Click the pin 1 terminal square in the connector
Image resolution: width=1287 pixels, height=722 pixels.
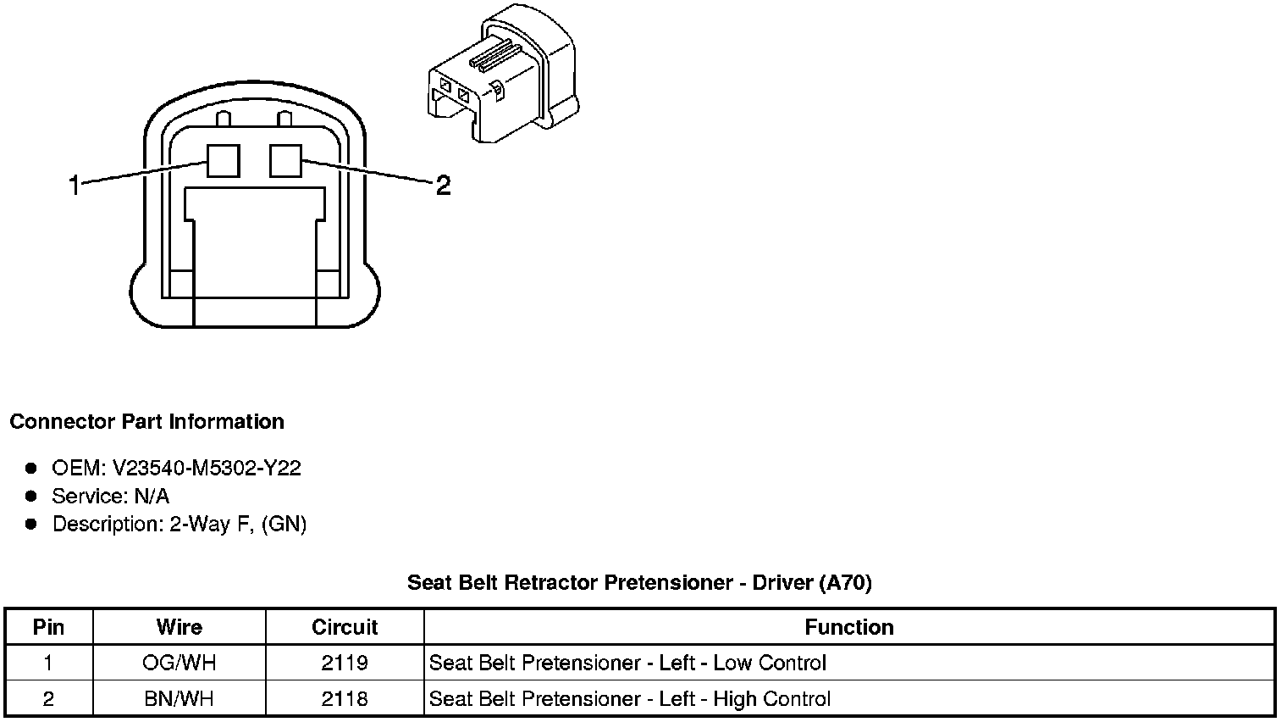point(224,160)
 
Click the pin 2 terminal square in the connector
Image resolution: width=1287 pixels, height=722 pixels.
point(285,160)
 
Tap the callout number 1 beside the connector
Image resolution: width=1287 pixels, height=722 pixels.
point(75,185)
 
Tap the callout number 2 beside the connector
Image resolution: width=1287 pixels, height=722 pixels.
point(443,185)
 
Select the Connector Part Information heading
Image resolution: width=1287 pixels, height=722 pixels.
point(146,422)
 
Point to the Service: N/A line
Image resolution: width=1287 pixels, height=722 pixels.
point(110,496)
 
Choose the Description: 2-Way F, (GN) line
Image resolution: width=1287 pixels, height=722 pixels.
point(179,524)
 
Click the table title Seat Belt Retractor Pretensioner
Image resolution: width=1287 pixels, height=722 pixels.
point(639,582)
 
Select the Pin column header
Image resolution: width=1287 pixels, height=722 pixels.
point(48,627)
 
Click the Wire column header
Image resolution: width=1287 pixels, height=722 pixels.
point(180,627)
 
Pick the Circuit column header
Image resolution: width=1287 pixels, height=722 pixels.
point(345,627)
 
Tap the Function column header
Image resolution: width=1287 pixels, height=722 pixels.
point(849,627)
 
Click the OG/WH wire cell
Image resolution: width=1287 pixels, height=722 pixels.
point(180,663)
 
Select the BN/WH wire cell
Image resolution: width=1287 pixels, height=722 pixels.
point(180,698)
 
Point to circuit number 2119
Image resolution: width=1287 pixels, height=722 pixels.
point(345,663)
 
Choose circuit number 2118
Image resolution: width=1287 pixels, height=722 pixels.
point(345,698)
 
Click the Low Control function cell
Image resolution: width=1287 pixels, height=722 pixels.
point(627,663)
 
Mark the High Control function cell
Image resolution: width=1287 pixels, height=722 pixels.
point(630,698)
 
